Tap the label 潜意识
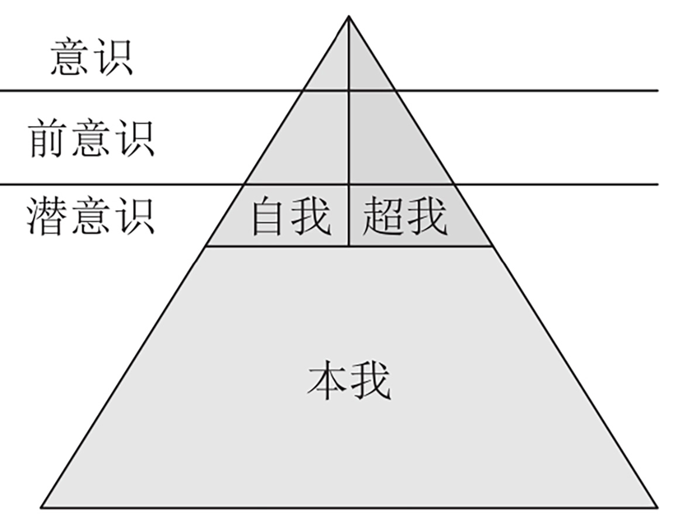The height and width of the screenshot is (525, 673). click(x=91, y=216)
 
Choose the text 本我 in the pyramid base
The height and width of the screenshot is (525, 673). click(x=349, y=381)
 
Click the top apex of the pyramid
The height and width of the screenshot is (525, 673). click(x=349, y=16)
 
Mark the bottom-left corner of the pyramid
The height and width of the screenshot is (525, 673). click(x=42, y=507)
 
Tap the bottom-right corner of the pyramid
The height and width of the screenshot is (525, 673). click(x=657, y=507)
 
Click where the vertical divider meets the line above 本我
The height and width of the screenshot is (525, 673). click(x=349, y=246)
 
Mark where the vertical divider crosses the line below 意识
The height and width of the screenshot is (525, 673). click(x=349, y=91)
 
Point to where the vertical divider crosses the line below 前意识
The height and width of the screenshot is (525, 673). click(x=349, y=184)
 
